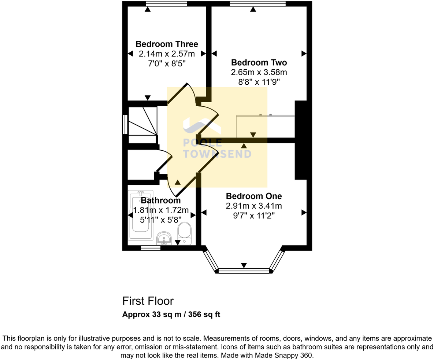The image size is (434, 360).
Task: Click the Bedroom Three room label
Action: pos(167,44)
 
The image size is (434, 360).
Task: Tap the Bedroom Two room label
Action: pos(259,62)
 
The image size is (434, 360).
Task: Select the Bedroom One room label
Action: pos(254,196)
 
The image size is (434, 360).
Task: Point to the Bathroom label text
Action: pos(161,200)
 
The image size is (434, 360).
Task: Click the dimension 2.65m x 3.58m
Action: pos(259,72)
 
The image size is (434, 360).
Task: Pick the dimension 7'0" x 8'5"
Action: pos(167,64)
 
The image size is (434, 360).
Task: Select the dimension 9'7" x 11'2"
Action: pos(254,215)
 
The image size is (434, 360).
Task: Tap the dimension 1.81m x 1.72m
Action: pos(161,210)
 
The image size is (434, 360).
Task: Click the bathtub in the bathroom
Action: pos(141,215)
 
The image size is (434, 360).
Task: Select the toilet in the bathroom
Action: pos(184,234)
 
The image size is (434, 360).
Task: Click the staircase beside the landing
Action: pos(143,125)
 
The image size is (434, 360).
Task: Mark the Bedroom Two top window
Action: pos(258,4)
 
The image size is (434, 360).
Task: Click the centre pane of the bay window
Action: pos(244,271)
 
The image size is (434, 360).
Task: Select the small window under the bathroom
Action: pos(151,248)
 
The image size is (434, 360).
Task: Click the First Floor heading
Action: pos(148,301)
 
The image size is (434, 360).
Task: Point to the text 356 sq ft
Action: pos(204,315)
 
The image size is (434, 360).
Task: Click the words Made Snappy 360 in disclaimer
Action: pos(284,355)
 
